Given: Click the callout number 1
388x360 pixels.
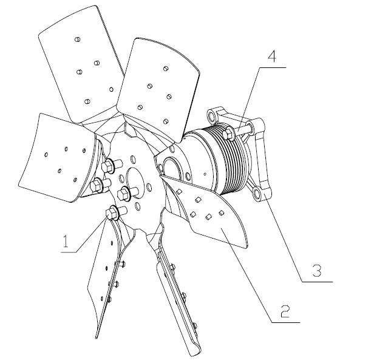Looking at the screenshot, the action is coord(66,241).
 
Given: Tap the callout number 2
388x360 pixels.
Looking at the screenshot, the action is coord(285,311).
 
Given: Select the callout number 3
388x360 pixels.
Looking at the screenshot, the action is coord(317,270).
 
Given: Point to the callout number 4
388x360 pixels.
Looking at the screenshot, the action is coord(272,56).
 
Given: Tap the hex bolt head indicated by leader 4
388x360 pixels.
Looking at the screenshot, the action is coord(229,134).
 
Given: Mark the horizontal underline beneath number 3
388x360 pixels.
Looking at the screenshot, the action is coord(317,282).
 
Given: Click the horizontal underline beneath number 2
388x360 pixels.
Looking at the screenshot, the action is coord(286,322).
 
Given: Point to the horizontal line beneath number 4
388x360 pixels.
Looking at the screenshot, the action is coord(273,67).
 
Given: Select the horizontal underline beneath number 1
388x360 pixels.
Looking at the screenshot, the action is coord(69,253).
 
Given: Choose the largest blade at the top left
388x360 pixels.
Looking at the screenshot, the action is coord(81,64).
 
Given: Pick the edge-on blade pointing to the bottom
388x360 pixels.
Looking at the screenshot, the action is coord(178,292).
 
